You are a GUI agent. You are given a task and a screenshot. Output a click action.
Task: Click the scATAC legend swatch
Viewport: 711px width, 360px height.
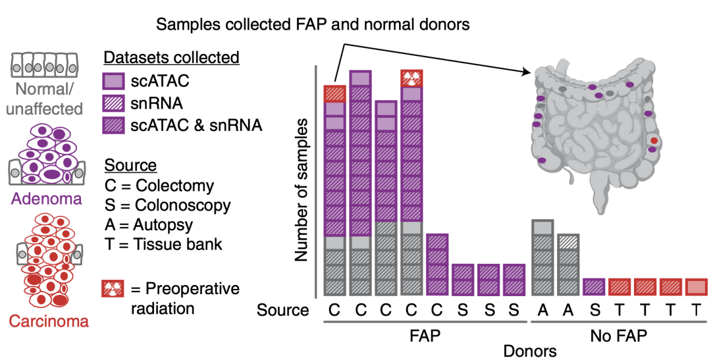113,82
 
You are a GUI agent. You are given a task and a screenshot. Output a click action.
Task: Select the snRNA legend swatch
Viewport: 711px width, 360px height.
113,103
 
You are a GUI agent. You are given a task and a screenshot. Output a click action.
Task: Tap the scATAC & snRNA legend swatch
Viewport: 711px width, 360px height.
113,124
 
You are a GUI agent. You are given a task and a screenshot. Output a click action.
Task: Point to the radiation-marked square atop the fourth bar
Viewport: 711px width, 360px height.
411,78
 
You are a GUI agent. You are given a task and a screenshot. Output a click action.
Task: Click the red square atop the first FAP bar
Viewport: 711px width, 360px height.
335,93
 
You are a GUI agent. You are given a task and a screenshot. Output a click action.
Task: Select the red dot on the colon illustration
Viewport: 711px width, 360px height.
654,140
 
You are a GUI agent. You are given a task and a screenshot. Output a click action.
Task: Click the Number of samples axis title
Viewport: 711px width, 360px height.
302,190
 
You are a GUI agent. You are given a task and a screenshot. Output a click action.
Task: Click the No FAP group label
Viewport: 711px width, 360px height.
619,336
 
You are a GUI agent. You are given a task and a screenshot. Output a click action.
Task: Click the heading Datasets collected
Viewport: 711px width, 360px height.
171,58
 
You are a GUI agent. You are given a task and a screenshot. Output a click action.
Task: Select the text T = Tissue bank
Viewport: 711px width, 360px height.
163,245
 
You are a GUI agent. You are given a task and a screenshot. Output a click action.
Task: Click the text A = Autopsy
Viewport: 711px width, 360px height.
147,225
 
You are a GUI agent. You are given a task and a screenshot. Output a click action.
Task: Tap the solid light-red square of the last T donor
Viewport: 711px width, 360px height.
696,287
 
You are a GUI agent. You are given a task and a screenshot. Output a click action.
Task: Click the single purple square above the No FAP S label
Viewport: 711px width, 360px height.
594,287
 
